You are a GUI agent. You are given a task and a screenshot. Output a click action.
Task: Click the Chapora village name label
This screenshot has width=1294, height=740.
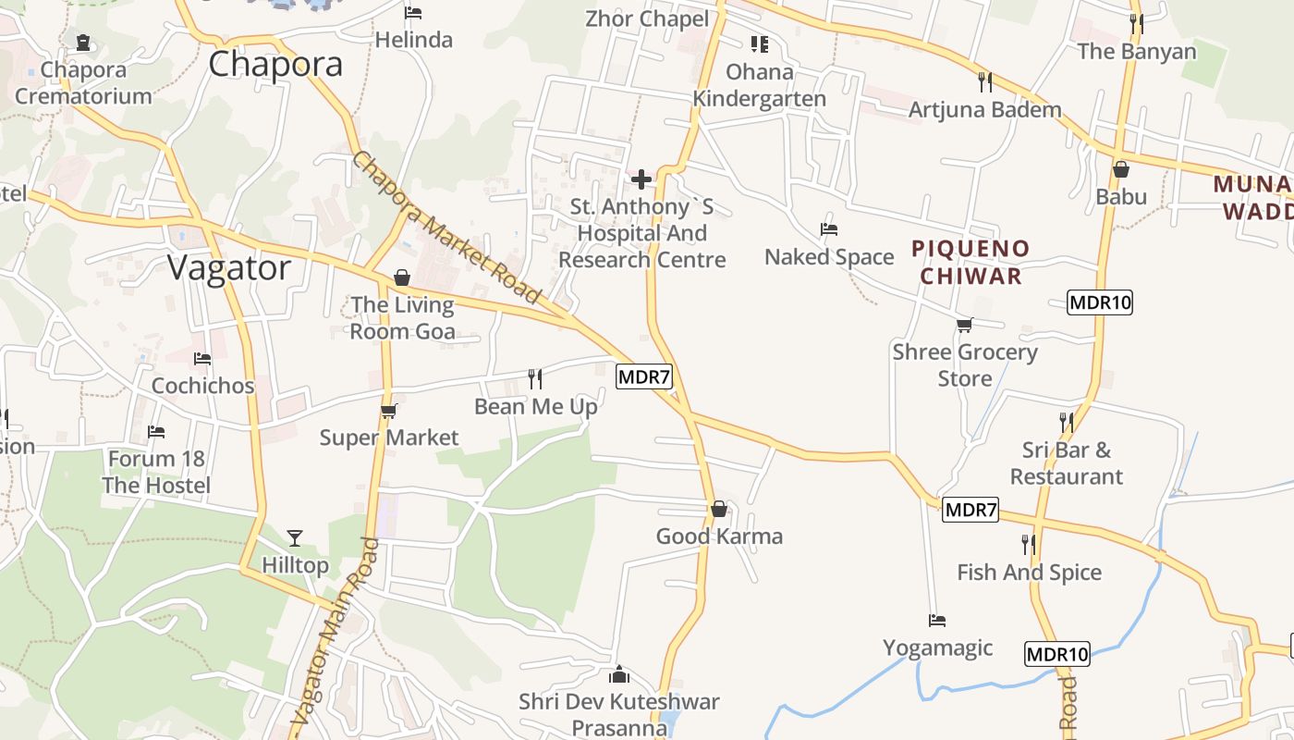[275, 64]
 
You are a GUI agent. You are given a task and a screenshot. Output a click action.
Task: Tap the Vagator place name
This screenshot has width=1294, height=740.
[229, 267]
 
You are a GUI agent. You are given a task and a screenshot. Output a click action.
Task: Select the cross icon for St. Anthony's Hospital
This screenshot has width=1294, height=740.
[641, 179]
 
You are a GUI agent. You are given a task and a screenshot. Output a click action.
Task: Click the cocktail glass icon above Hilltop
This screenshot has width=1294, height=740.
[295, 536]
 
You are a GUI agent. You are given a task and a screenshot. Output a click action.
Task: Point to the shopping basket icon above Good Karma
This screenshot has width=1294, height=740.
[719, 509]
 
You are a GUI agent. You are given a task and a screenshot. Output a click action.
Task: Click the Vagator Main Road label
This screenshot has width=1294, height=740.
[334, 631]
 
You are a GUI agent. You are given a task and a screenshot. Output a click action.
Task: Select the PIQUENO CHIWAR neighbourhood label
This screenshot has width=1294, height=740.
[970, 262]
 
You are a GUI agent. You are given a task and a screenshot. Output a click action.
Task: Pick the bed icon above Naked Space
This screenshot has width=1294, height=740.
[829, 229]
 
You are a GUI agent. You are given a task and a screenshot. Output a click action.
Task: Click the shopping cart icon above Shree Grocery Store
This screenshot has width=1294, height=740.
[965, 325]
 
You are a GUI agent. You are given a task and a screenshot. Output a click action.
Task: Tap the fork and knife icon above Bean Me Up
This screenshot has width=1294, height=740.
[534, 378]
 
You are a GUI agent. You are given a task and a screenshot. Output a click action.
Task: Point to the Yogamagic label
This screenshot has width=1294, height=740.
[937, 647]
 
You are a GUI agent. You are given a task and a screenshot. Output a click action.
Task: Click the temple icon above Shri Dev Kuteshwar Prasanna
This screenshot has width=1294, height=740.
[619, 674]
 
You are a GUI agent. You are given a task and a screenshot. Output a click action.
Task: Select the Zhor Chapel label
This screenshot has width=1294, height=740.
[647, 18]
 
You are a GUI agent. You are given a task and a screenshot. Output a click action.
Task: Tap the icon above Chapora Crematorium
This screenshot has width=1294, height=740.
[83, 43]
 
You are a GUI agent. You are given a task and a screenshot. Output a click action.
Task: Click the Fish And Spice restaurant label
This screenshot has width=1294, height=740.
[1029, 573]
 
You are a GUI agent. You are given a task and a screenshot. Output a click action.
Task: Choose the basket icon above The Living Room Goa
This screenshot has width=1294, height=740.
[402, 277]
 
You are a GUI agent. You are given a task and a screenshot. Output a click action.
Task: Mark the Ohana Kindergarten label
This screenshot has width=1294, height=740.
[760, 85]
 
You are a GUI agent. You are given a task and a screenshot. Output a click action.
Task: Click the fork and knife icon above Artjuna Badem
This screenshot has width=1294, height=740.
[985, 81]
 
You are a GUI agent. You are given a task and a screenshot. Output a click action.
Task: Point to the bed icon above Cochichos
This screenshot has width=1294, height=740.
[202, 358]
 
